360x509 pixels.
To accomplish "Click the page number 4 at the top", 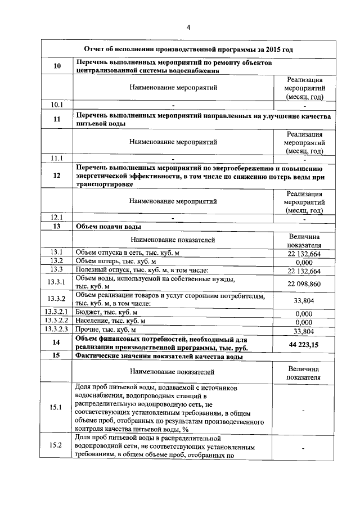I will click(188, 27).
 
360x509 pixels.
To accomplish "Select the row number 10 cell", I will click(56, 66).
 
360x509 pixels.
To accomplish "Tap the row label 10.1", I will click(56, 105).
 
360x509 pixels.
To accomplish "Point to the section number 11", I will click(56, 119).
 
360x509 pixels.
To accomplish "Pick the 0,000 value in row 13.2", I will click(304, 262).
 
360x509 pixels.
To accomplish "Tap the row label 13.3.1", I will click(56, 282).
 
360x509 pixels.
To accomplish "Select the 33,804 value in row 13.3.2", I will click(304, 301).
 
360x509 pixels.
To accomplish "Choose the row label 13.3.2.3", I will click(56, 329).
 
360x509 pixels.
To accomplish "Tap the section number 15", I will click(56, 356).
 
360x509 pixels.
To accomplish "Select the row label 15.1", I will click(56, 407).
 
